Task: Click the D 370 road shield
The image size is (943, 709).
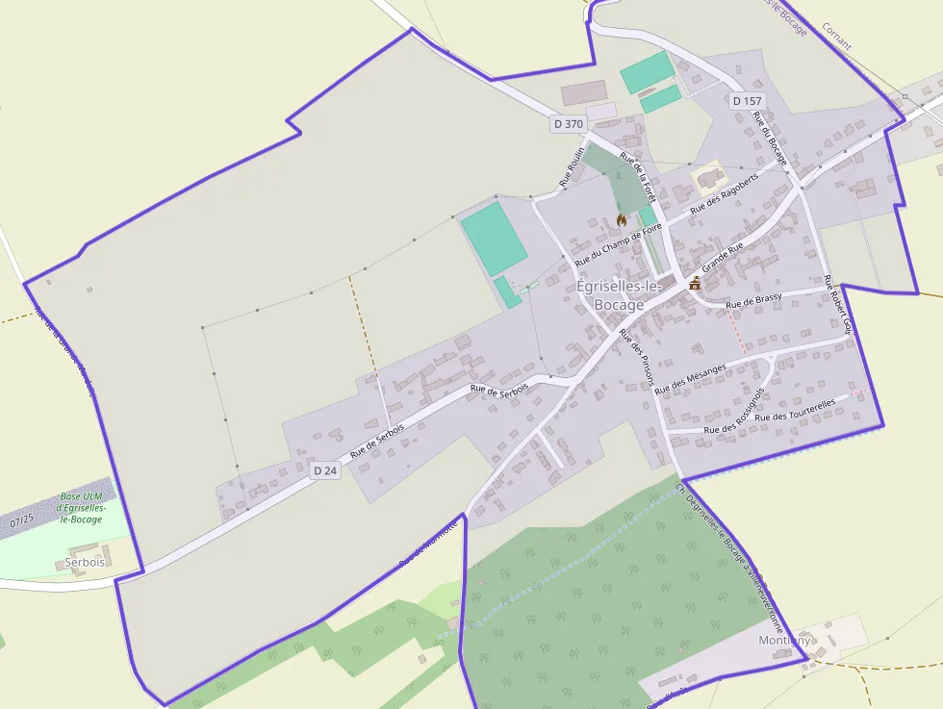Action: tap(569, 123)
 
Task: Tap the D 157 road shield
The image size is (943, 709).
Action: tap(747, 100)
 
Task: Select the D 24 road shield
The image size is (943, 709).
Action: tap(325, 470)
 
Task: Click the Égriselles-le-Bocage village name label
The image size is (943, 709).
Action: tap(620, 295)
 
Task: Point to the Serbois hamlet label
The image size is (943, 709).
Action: tap(85, 562)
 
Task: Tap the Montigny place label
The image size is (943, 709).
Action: tap(784, 641)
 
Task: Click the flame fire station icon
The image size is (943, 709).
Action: tap(622, 220)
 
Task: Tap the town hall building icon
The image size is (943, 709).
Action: tap(695, 283)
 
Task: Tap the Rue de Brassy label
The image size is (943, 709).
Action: tap(753, 302)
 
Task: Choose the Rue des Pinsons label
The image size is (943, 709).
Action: tap(636, 357)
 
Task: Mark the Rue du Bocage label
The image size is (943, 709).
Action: tap(771, 139)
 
